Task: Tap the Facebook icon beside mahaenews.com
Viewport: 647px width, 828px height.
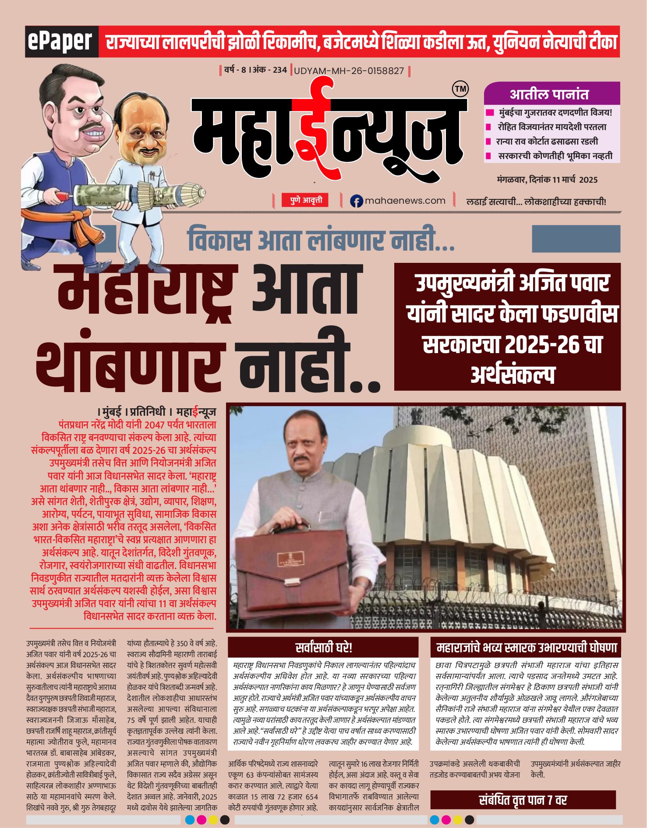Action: click(357, 201)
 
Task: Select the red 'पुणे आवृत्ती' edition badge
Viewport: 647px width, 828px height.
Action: click(305, 200)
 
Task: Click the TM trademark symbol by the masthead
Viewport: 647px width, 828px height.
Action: click(460, 89)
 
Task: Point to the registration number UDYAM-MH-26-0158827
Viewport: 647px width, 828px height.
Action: click(349, 71)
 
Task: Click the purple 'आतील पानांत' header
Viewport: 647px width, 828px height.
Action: click(552, 94)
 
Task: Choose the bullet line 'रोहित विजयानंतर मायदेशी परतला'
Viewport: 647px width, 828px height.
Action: click(552, 127)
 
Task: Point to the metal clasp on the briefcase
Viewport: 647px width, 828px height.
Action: click(296, 582)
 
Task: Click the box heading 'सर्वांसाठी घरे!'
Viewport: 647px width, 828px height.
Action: click(323, 648)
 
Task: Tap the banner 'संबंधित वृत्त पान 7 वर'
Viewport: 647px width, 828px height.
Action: click(523, 800)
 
